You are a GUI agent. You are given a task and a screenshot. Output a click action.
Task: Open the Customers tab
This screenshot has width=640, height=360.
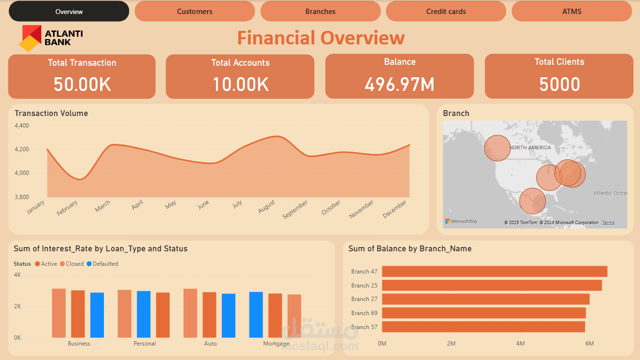(194, 11)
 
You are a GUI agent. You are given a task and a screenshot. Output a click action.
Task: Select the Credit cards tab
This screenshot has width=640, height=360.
(446, 11)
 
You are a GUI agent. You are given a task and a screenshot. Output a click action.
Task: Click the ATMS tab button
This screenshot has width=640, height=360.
(571, 11)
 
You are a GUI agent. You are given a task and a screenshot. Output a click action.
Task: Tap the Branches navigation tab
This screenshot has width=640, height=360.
(320, 11)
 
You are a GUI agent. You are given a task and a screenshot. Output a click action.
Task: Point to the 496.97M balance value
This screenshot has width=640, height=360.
(399, 84)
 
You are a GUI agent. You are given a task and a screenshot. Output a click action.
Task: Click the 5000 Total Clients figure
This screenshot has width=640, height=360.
(559, 84)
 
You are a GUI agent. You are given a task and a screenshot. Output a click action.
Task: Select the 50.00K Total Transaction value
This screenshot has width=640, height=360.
(82, 84)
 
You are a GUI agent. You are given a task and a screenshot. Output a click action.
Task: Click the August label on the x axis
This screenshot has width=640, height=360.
(267, 206)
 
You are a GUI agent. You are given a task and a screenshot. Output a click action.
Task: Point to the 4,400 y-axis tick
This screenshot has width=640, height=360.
(22, 126)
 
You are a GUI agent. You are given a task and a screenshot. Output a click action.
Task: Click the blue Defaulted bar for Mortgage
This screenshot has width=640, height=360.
(256, 315)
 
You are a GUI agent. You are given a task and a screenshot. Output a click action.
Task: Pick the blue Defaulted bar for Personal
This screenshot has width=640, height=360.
(144, 314)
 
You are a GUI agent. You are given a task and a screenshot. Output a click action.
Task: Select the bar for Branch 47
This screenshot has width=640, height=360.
(494, 272)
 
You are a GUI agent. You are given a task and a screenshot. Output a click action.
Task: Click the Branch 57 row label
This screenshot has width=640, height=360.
(364, 327)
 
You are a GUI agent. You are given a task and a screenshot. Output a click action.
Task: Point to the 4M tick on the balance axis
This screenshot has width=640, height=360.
(520, 344)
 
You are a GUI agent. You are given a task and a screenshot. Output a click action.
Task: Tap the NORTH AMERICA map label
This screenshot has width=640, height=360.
(530, 147)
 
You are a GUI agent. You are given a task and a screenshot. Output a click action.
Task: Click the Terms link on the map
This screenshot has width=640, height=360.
(608, 223)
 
